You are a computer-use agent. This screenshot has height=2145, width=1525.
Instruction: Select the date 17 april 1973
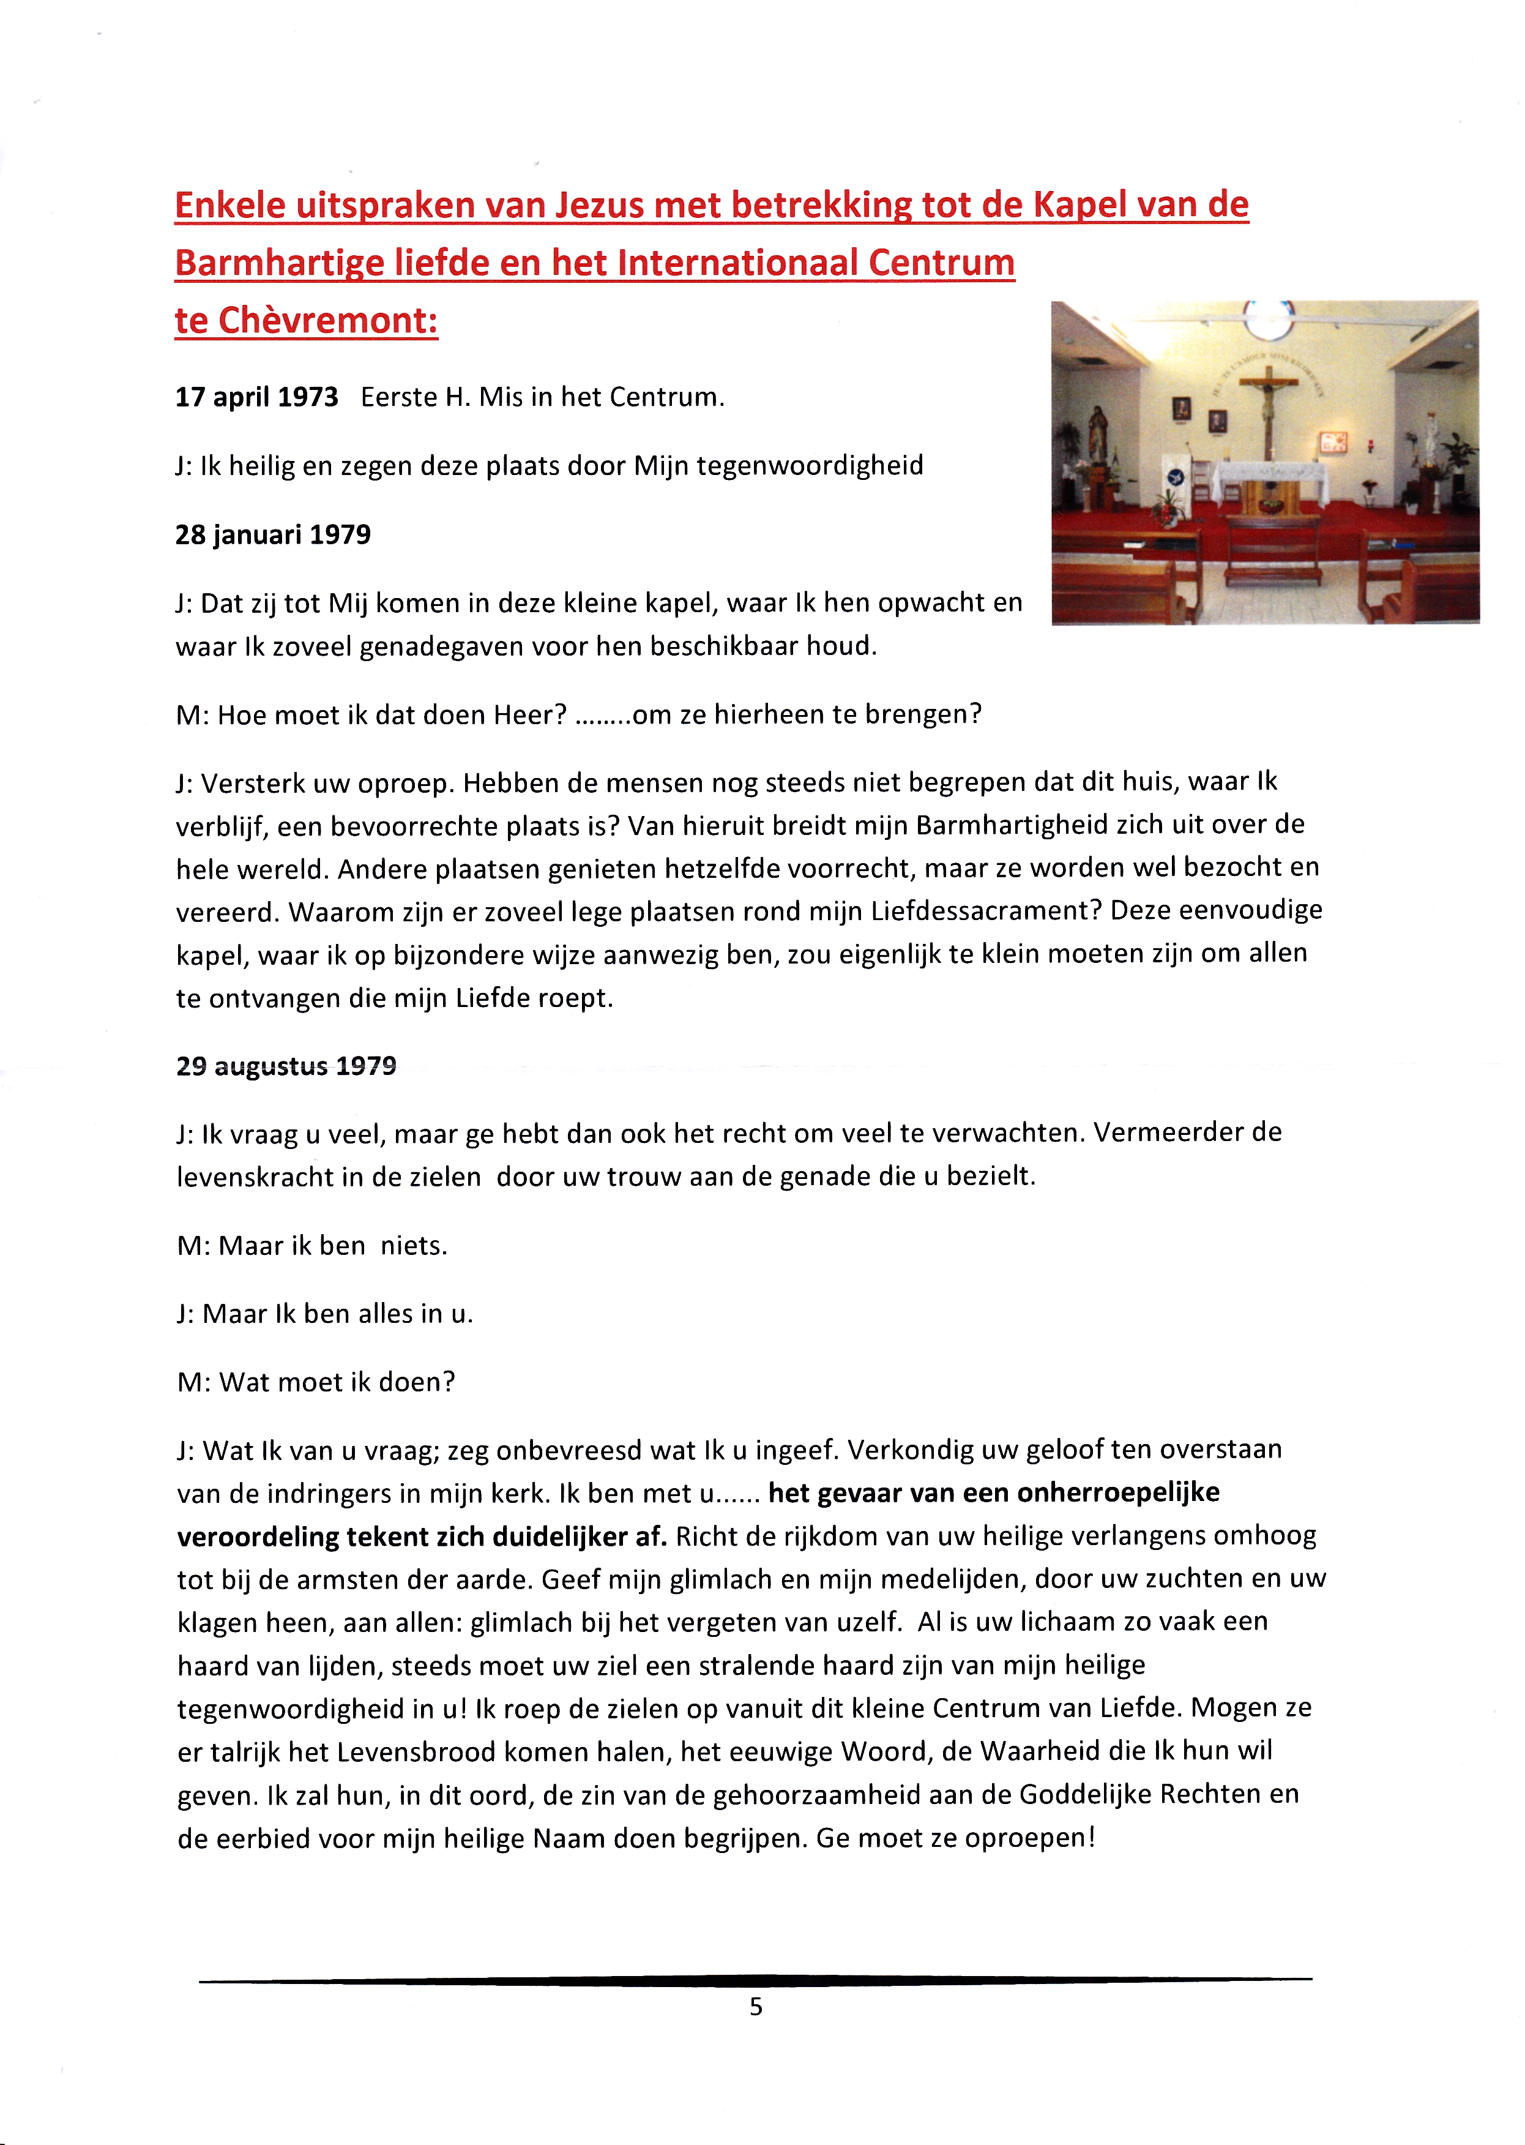256,397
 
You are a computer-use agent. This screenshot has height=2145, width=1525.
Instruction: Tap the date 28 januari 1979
272,535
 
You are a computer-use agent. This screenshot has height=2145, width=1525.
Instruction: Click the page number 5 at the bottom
756,2007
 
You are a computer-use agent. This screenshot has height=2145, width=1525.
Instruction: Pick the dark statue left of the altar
1096,436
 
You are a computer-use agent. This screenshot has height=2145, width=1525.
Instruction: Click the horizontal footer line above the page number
755,1980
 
